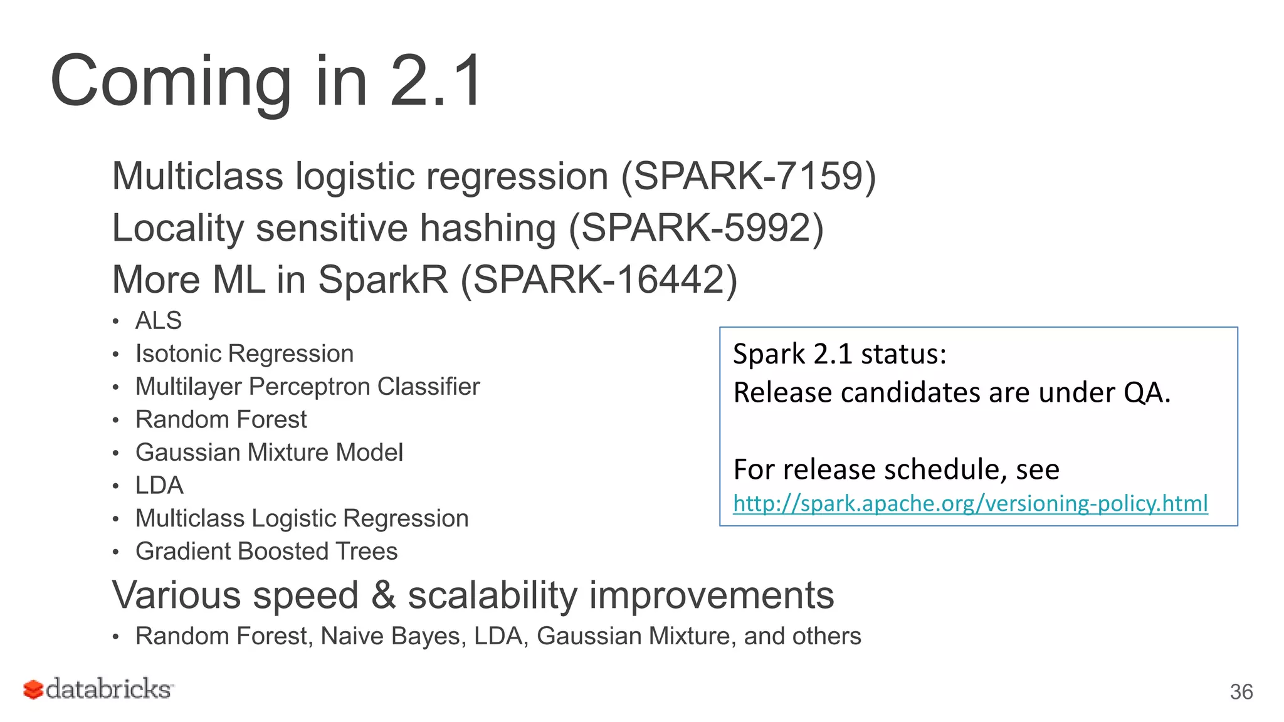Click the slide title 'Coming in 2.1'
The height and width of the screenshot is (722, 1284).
coord(266,81)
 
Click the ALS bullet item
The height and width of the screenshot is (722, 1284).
coord(159,321)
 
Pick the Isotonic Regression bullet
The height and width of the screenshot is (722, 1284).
coord(245,354)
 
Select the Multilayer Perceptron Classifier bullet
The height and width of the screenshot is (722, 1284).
coord(307,387)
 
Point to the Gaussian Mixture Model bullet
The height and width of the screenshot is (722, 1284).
coord(269,453)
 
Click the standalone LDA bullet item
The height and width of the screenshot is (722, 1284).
coord(159,486)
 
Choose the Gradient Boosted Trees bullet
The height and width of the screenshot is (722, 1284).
coord(266,552)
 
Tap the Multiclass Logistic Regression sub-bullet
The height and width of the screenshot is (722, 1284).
coord(302,519)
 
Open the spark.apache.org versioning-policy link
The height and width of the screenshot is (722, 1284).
coord(970,503)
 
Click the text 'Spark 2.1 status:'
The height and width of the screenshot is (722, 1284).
coord(839,354)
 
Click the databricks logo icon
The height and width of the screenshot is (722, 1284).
coord(33,689)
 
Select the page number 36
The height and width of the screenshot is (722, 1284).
coord(1241,692)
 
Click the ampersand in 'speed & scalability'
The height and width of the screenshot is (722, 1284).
coord(383,595)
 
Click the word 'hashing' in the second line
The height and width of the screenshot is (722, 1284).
coord(487,228)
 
